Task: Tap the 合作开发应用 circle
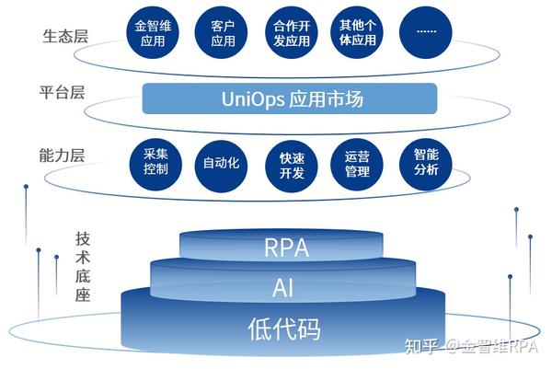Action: [292, 34]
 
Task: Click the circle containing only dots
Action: [426, 30]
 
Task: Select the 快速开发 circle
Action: [292, 167]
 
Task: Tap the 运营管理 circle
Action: [356, 164]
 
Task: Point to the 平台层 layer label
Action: [63, 92]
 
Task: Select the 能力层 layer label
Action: [63, 155]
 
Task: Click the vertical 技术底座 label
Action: [82, 263]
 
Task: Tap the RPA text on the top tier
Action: [285, 248]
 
